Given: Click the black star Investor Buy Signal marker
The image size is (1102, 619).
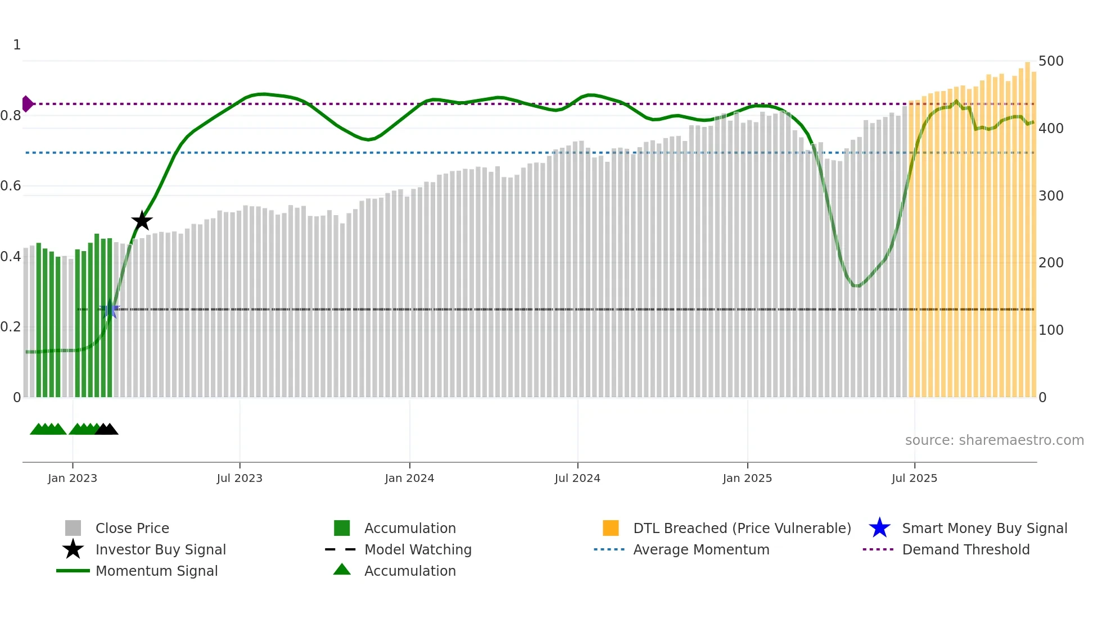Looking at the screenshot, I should tap(142, 221).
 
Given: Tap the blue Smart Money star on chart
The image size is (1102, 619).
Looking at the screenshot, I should tap(110, 309).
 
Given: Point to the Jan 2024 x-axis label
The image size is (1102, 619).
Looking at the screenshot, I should tap(409, 478).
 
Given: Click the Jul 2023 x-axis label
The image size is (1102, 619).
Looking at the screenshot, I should tap(240, 478).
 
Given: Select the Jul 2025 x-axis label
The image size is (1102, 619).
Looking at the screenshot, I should tap(914, 478).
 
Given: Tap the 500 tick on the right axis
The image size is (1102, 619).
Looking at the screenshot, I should tap(1051, 61).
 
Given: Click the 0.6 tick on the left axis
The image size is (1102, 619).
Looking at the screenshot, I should tap(11, 186).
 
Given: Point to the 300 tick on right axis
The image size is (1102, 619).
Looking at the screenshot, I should tap(1051, 195).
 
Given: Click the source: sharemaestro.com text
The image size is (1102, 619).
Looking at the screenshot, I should tap(994, 440).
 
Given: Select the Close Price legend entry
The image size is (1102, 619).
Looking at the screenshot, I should tap(132, 528).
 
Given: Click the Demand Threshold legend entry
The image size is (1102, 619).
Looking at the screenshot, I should tap(965, 549).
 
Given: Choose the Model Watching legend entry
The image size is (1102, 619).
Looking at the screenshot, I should tap(418, 549).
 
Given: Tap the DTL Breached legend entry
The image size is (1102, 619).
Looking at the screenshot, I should tap(742, 528).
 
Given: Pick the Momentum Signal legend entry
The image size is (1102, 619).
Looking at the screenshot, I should tap(156, 571).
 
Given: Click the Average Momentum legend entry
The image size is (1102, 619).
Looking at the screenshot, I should tap(701, 549).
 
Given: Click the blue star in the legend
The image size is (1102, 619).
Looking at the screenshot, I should tap(879, 528).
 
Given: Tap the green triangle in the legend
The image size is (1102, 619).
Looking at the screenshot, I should tap(342, 570).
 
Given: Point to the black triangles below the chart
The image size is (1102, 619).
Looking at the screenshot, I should tap(106, 430).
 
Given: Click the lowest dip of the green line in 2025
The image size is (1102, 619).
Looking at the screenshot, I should tap(856, 285).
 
